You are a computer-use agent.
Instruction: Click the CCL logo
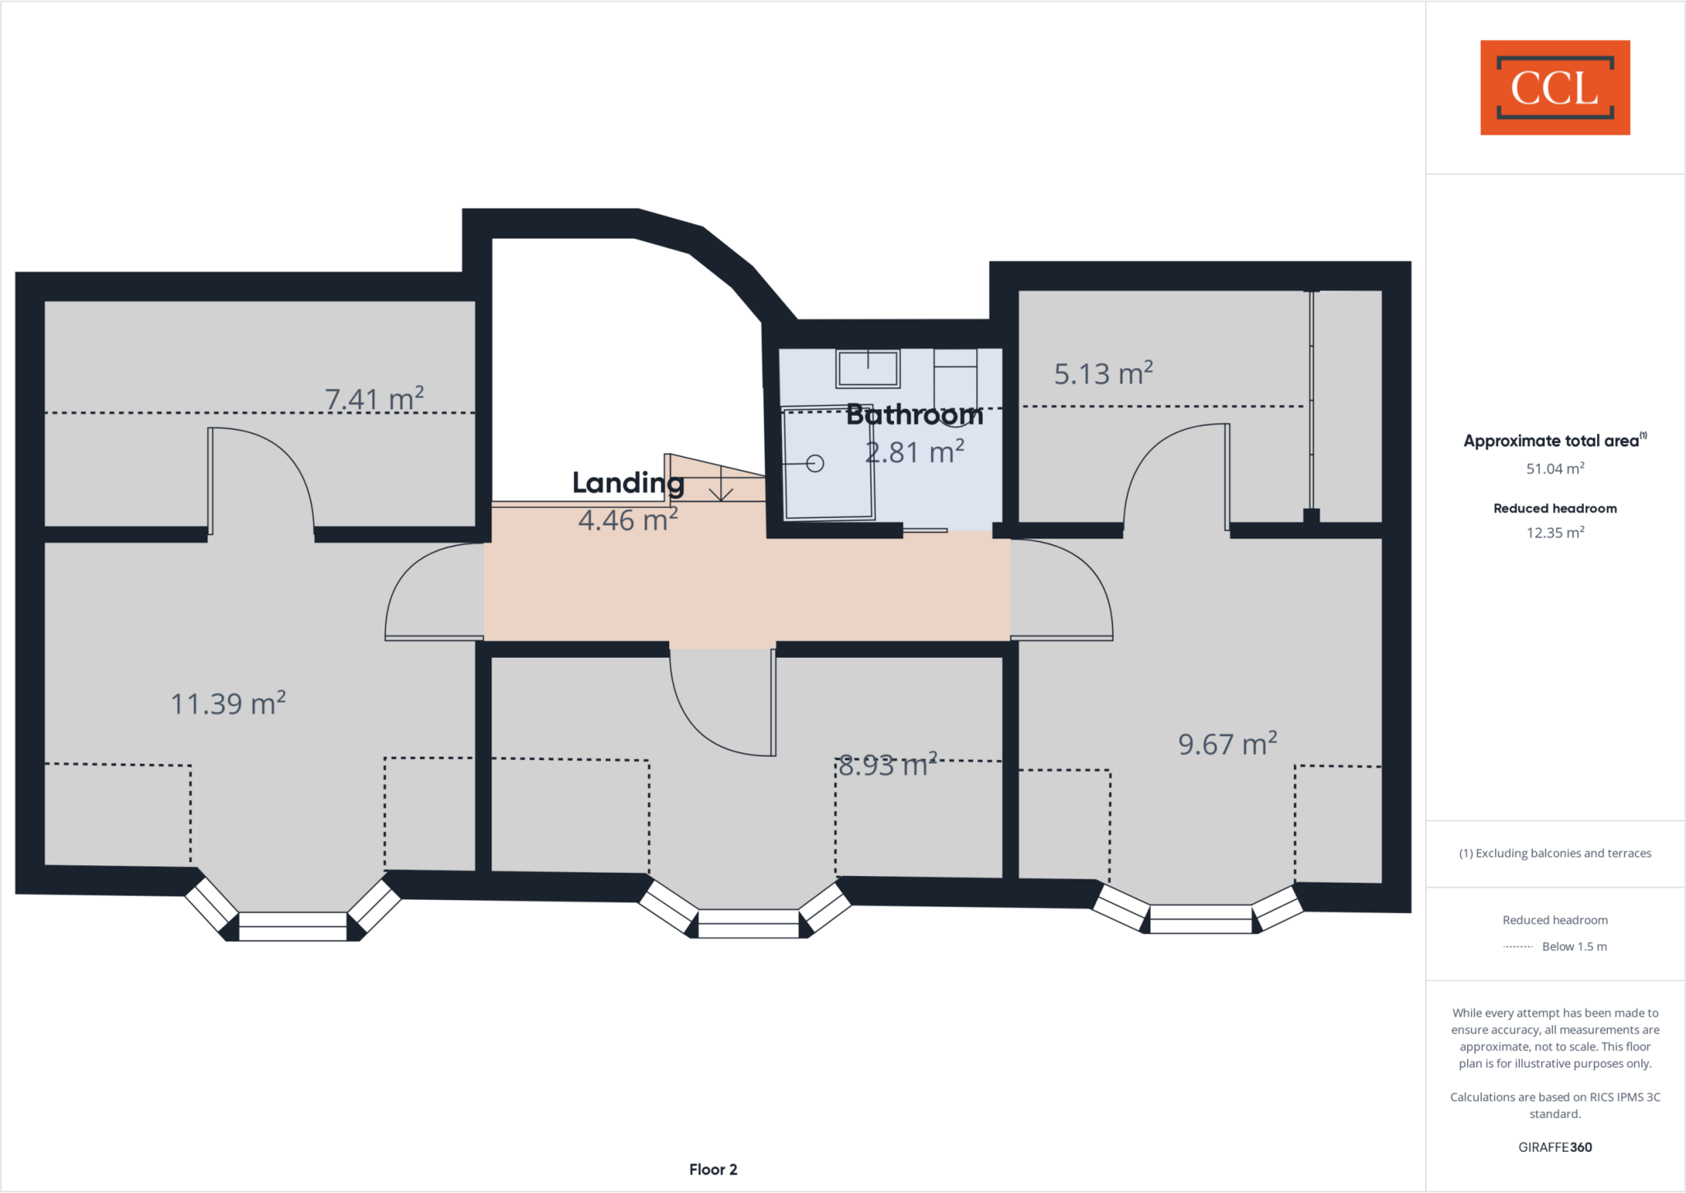coord(1554,87)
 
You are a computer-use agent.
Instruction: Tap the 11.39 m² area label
coord(228,704)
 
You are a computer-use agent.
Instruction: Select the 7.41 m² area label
coord(375,399)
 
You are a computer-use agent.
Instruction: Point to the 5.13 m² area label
coord(1103,374)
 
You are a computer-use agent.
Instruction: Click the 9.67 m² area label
coord(1227,744)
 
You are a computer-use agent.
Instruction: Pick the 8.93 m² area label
coord(887,766)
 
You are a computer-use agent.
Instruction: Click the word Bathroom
coord(915,415)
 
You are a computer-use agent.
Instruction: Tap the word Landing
coord(628,482)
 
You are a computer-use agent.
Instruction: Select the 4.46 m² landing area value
coord(627,520)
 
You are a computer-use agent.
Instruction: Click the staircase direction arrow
coord(721,486)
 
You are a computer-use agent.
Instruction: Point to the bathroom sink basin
coord(868,368)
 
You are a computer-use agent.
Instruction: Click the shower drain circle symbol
coord(815,464)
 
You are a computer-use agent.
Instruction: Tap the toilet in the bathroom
coord(955,379)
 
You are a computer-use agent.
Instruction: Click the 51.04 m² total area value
coord(1555,468)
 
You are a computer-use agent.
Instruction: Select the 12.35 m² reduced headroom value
coord(1555,533)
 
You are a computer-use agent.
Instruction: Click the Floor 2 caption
coord(713,1169)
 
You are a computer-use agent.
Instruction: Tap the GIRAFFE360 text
coord(1555,1147)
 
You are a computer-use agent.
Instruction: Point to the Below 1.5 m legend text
coord(1574,947)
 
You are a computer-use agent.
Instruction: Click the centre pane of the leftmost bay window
coord(292,926)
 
